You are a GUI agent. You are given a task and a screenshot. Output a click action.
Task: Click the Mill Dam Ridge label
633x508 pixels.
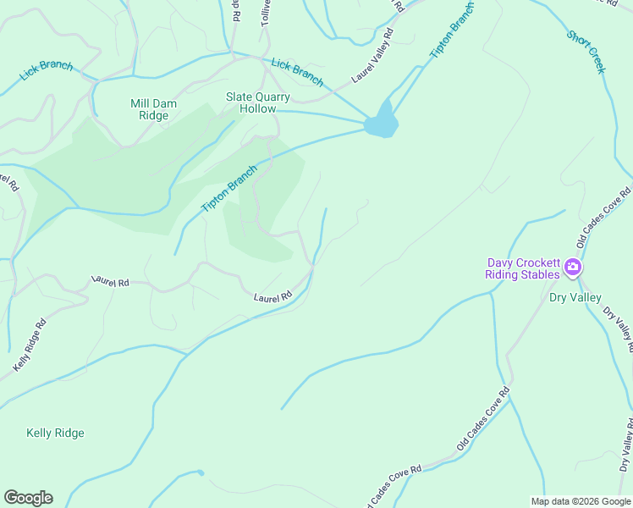point(153,109)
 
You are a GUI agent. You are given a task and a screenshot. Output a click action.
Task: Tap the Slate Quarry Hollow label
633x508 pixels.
point(257,102)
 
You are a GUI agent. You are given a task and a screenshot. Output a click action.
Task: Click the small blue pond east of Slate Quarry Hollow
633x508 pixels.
point(382,122)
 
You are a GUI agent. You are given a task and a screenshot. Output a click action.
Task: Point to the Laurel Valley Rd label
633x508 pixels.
point(374,58)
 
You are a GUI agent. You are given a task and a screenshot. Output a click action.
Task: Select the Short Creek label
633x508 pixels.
point(586,52)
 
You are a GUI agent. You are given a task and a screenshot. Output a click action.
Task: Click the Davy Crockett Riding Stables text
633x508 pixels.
point(522,268)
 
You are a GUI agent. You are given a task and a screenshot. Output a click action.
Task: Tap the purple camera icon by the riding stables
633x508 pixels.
point(573,268)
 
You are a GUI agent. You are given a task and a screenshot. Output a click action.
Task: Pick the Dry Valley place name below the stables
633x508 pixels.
point(575,297)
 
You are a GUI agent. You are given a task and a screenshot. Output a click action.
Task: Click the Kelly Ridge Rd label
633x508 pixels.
point(30,345)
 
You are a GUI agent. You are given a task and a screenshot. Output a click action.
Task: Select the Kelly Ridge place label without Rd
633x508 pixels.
point(55,433)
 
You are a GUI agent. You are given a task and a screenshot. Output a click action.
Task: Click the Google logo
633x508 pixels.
point(28,497)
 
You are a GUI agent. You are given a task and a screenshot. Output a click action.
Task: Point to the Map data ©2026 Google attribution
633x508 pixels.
point(580,501)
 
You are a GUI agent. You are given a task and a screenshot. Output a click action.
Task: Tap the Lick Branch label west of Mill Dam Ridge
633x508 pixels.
point(47,73)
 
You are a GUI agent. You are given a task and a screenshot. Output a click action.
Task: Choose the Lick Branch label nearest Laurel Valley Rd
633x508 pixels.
point(297,72)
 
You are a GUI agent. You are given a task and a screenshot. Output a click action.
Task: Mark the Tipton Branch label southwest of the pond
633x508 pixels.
point(228,189)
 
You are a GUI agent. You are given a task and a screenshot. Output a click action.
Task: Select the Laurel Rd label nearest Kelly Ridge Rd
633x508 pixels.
point(109,280)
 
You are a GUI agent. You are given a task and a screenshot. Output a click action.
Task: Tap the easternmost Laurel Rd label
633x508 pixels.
point(272,297)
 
